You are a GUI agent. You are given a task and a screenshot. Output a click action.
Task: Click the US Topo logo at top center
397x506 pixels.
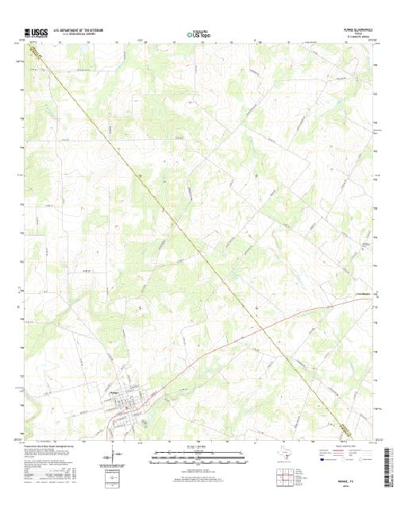[x=198, y=33]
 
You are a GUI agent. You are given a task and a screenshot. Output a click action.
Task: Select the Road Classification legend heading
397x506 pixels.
[x=337, y=446]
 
